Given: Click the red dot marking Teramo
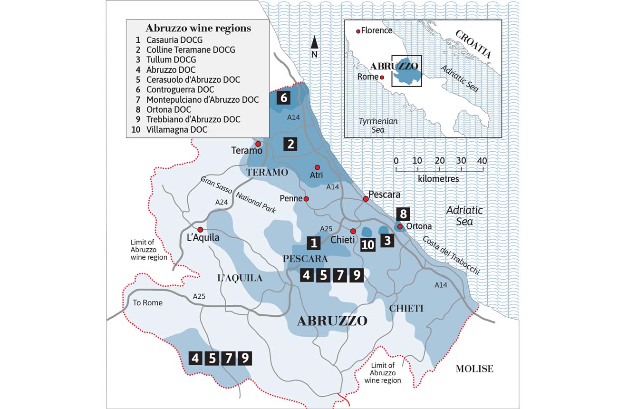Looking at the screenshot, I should [x=258, y=144].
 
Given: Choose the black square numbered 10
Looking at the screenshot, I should [x=367, y=244].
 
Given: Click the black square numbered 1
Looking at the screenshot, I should [x=314, y=243].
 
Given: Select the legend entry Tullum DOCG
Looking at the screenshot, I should [x=171, y=59].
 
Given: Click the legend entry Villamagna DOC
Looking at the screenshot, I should [x=176, y=129].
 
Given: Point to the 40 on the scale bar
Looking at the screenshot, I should [x=482, y=161].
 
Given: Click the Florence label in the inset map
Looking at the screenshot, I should [x=377, y=30].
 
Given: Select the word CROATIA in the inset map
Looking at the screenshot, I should [x=473, y=44].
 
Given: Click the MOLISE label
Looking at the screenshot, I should [x=474, y=368].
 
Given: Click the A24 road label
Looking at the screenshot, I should [x=222, y=202].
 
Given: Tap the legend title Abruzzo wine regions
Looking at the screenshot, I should [x=198, y=28].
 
